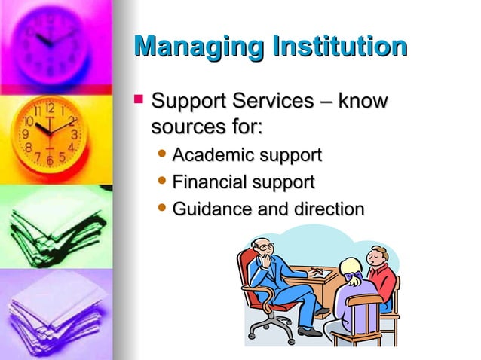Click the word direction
[331, 209]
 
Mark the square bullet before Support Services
[138, 99]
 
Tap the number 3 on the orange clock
[75, 134]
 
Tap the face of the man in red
[374, 256]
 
